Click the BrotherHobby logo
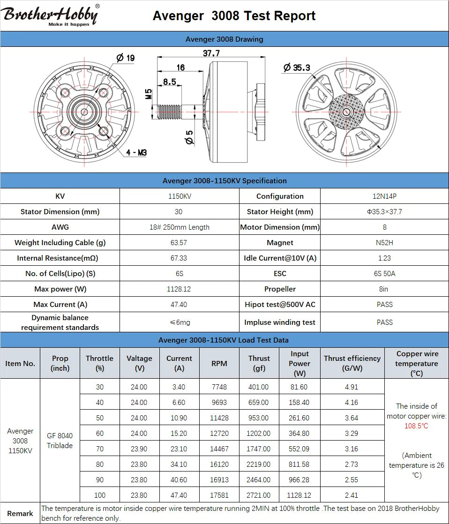click(x=51, y=15)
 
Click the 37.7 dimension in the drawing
click(x=211, y=53)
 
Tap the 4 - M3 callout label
click(x=136, y=153)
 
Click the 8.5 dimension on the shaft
click(x=169, y=82)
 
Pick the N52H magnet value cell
click(x=384, y=243)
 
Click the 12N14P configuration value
click(x=384, y=196)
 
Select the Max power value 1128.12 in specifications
click(x=179, y=289)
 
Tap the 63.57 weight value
click(x=179, y=243)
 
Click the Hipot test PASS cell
click(x=384, y=305)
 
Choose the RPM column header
click(x=219, y=363)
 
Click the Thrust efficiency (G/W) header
click(x=352, y=363)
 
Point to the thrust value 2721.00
click(x=258, y=495)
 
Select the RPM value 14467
click(x=219, y=449)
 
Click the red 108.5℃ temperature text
click(x=416, y=426)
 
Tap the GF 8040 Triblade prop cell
click(x=60, y=441)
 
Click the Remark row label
click(x=20, y=514)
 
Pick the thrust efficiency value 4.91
click(x=352, y=387)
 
